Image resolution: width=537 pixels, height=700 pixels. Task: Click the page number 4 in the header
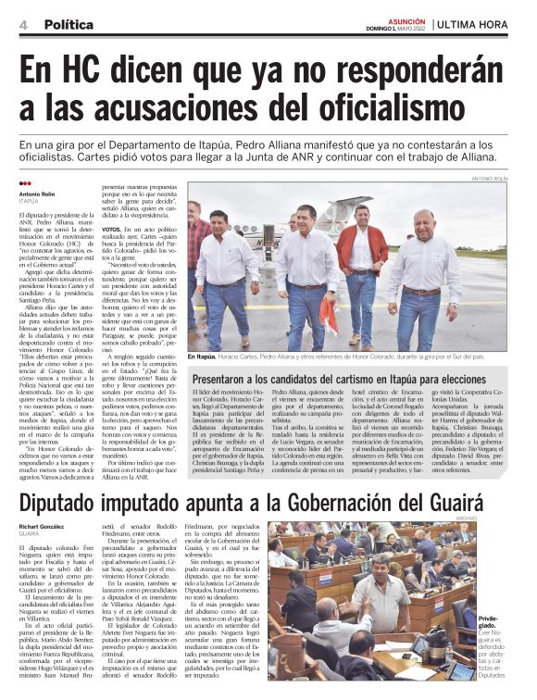click(22, 24)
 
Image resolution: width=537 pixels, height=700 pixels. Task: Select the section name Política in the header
click(68, 24)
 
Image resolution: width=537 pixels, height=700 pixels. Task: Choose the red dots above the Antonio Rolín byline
click(25, 183)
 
